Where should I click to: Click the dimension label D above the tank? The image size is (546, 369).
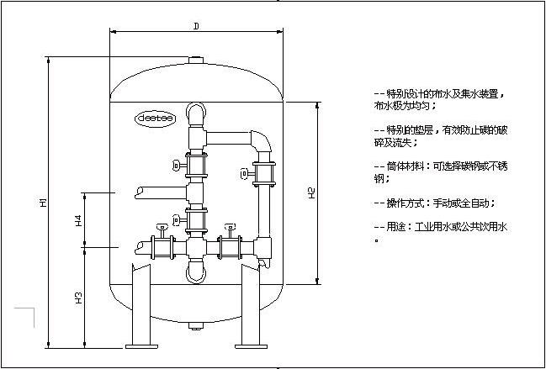pyautogui.click(x=195, y=26)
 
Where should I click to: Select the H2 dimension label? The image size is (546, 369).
pyautogui.click(x=311, y=193)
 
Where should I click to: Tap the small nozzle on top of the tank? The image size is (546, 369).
pyautogui.click(x=195, y=61)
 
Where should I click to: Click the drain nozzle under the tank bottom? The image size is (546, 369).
pyautogui.click(x=195, y=325)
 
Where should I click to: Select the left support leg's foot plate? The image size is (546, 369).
pyautogui.click(x=139, y=344)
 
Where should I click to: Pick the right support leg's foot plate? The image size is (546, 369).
pyautogui.click(x=251, y=344)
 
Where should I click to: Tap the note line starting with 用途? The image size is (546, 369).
pyautogui.click(x=444, y=227)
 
